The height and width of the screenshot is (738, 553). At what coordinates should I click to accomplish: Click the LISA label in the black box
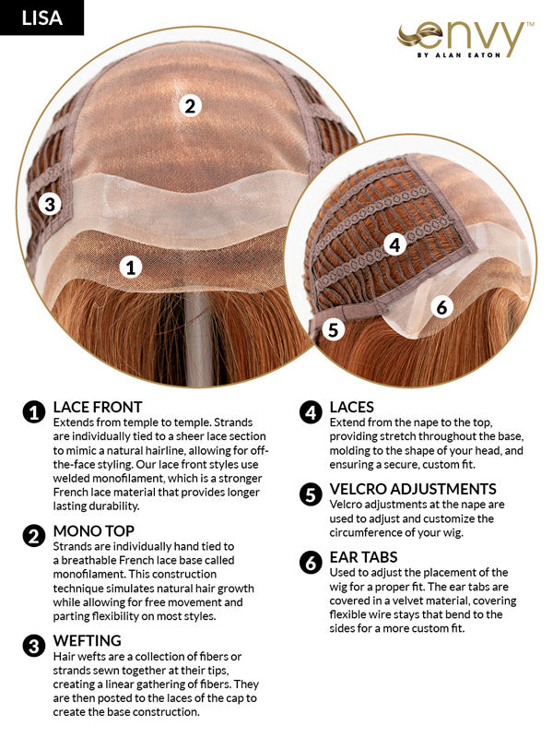[41, 18]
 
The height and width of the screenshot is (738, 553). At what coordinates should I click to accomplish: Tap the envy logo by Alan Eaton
[465, 40]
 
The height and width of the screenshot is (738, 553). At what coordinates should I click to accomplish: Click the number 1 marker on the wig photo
[131, 268]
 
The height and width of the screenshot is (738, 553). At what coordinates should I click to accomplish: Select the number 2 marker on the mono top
[190, 105]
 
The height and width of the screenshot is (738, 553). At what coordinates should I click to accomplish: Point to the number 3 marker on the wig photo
[50, 204]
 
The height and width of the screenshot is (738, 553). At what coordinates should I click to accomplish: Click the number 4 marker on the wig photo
[395, 244]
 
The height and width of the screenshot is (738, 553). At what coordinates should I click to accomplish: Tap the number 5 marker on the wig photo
[333, 329]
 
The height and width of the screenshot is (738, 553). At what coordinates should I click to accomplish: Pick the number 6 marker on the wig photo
[441, 307]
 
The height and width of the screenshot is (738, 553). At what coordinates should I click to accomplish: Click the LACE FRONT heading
[98, 407]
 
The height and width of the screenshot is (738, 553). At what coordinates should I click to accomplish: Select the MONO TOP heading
[94, 531]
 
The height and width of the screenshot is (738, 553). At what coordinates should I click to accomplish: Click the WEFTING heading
[87, 640]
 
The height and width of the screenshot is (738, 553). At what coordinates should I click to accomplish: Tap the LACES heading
[352, 407]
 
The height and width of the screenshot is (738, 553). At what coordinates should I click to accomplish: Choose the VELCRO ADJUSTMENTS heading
[413, 489]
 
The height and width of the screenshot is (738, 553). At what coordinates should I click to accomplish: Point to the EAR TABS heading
[363, 557]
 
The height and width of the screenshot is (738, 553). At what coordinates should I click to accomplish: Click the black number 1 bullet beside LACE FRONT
[34, 412]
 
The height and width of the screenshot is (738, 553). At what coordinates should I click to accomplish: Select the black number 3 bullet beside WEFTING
[34, 646]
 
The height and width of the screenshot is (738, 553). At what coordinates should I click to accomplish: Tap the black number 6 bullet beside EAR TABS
[311, 563]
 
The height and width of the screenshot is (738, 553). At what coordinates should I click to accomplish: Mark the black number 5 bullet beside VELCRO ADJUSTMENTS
[311, 494]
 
